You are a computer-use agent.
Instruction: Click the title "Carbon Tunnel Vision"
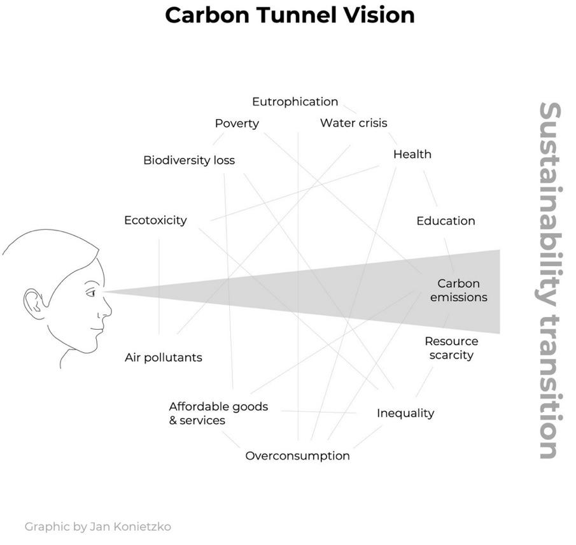click(290, 15)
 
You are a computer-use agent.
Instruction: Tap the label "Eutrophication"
click(295, 102)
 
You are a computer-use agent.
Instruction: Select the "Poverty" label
click(237, 124)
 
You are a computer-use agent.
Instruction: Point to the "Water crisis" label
click(353, 123)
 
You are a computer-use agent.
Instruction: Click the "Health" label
click(412, 154)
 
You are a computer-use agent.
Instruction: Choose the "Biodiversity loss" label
click(189, 160)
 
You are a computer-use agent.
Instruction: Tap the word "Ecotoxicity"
click(155, 220)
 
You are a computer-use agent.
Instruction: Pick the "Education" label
click(446, 221)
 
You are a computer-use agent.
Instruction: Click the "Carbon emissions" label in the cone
click(458, 290)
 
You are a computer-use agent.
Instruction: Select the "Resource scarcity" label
click(451, 348)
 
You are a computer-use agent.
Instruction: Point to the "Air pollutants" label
click(164, 357)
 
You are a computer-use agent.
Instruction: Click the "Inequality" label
click(405, 413)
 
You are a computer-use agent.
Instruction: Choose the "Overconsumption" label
click(297, 456)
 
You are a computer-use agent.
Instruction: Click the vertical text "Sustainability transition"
click(549, 280)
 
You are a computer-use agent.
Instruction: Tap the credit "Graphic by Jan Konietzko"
click(97, 527)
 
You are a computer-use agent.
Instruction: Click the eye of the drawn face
click(91, 293)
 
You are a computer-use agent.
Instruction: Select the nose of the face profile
click(107, 311)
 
